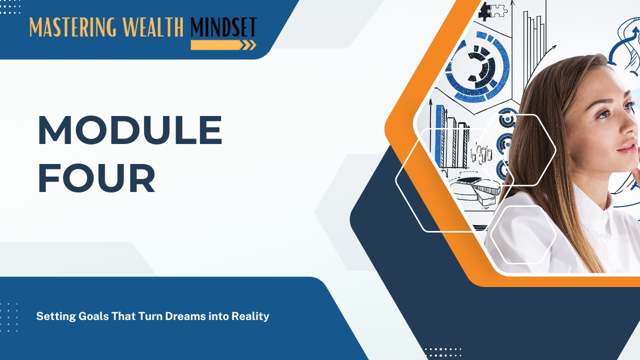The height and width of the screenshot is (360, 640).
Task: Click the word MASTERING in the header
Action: point(73,27)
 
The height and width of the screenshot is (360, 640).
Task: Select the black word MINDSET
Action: point(223,27)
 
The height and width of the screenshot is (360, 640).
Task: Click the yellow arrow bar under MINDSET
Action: point(223,45)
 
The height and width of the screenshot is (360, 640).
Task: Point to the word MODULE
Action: point(130,130)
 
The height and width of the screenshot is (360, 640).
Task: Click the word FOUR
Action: point(96,178)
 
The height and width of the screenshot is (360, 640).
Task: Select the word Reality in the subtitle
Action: point(250,317)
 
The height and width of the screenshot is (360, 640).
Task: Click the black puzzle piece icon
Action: point(484,11)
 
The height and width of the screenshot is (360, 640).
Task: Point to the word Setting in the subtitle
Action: point(56,317)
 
